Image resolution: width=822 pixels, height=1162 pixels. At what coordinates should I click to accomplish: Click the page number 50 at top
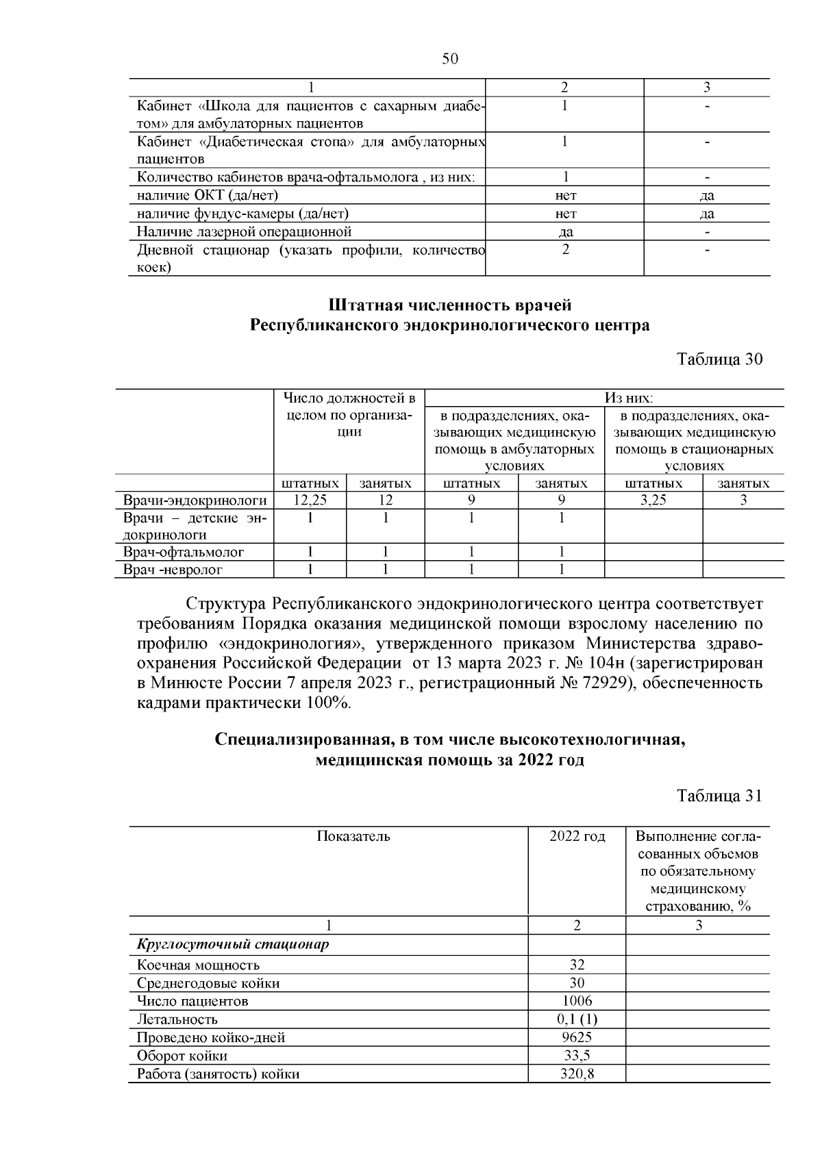(449, 60)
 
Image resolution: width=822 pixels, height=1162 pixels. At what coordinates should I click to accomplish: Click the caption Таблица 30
(719, 359)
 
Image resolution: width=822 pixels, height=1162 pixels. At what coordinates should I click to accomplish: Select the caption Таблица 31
(719, 796)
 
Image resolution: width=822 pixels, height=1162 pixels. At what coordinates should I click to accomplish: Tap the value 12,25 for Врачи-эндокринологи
(310, 501)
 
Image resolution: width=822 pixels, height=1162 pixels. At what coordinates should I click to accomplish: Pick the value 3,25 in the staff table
(653, 501)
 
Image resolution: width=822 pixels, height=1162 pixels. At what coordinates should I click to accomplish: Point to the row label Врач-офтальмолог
(184, 552)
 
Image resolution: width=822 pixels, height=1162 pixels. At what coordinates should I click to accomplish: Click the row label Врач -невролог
(173, 570)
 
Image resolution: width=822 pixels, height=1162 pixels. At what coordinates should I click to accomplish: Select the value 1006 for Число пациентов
(577, 1001)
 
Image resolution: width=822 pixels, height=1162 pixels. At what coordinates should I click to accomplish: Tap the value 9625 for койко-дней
(577, 1037)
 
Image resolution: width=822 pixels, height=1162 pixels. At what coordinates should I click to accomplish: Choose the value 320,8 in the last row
(577, 1074)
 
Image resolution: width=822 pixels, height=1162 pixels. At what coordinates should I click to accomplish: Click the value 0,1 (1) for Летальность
(577, 1020)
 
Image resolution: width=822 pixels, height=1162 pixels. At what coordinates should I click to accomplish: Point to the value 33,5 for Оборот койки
(577, 1056)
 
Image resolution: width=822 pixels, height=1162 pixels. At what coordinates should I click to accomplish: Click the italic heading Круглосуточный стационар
(233, 945)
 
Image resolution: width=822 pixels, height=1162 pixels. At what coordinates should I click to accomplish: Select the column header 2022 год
(577, 837)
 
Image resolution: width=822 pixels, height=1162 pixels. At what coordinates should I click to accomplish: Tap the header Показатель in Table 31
(353, 837)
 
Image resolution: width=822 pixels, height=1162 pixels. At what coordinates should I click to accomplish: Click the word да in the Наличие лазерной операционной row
(566, 232)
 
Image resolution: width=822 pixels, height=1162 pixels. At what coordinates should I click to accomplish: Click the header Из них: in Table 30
(627, 398)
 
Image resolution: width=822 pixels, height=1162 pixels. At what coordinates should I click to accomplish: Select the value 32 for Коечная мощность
(577, 965)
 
